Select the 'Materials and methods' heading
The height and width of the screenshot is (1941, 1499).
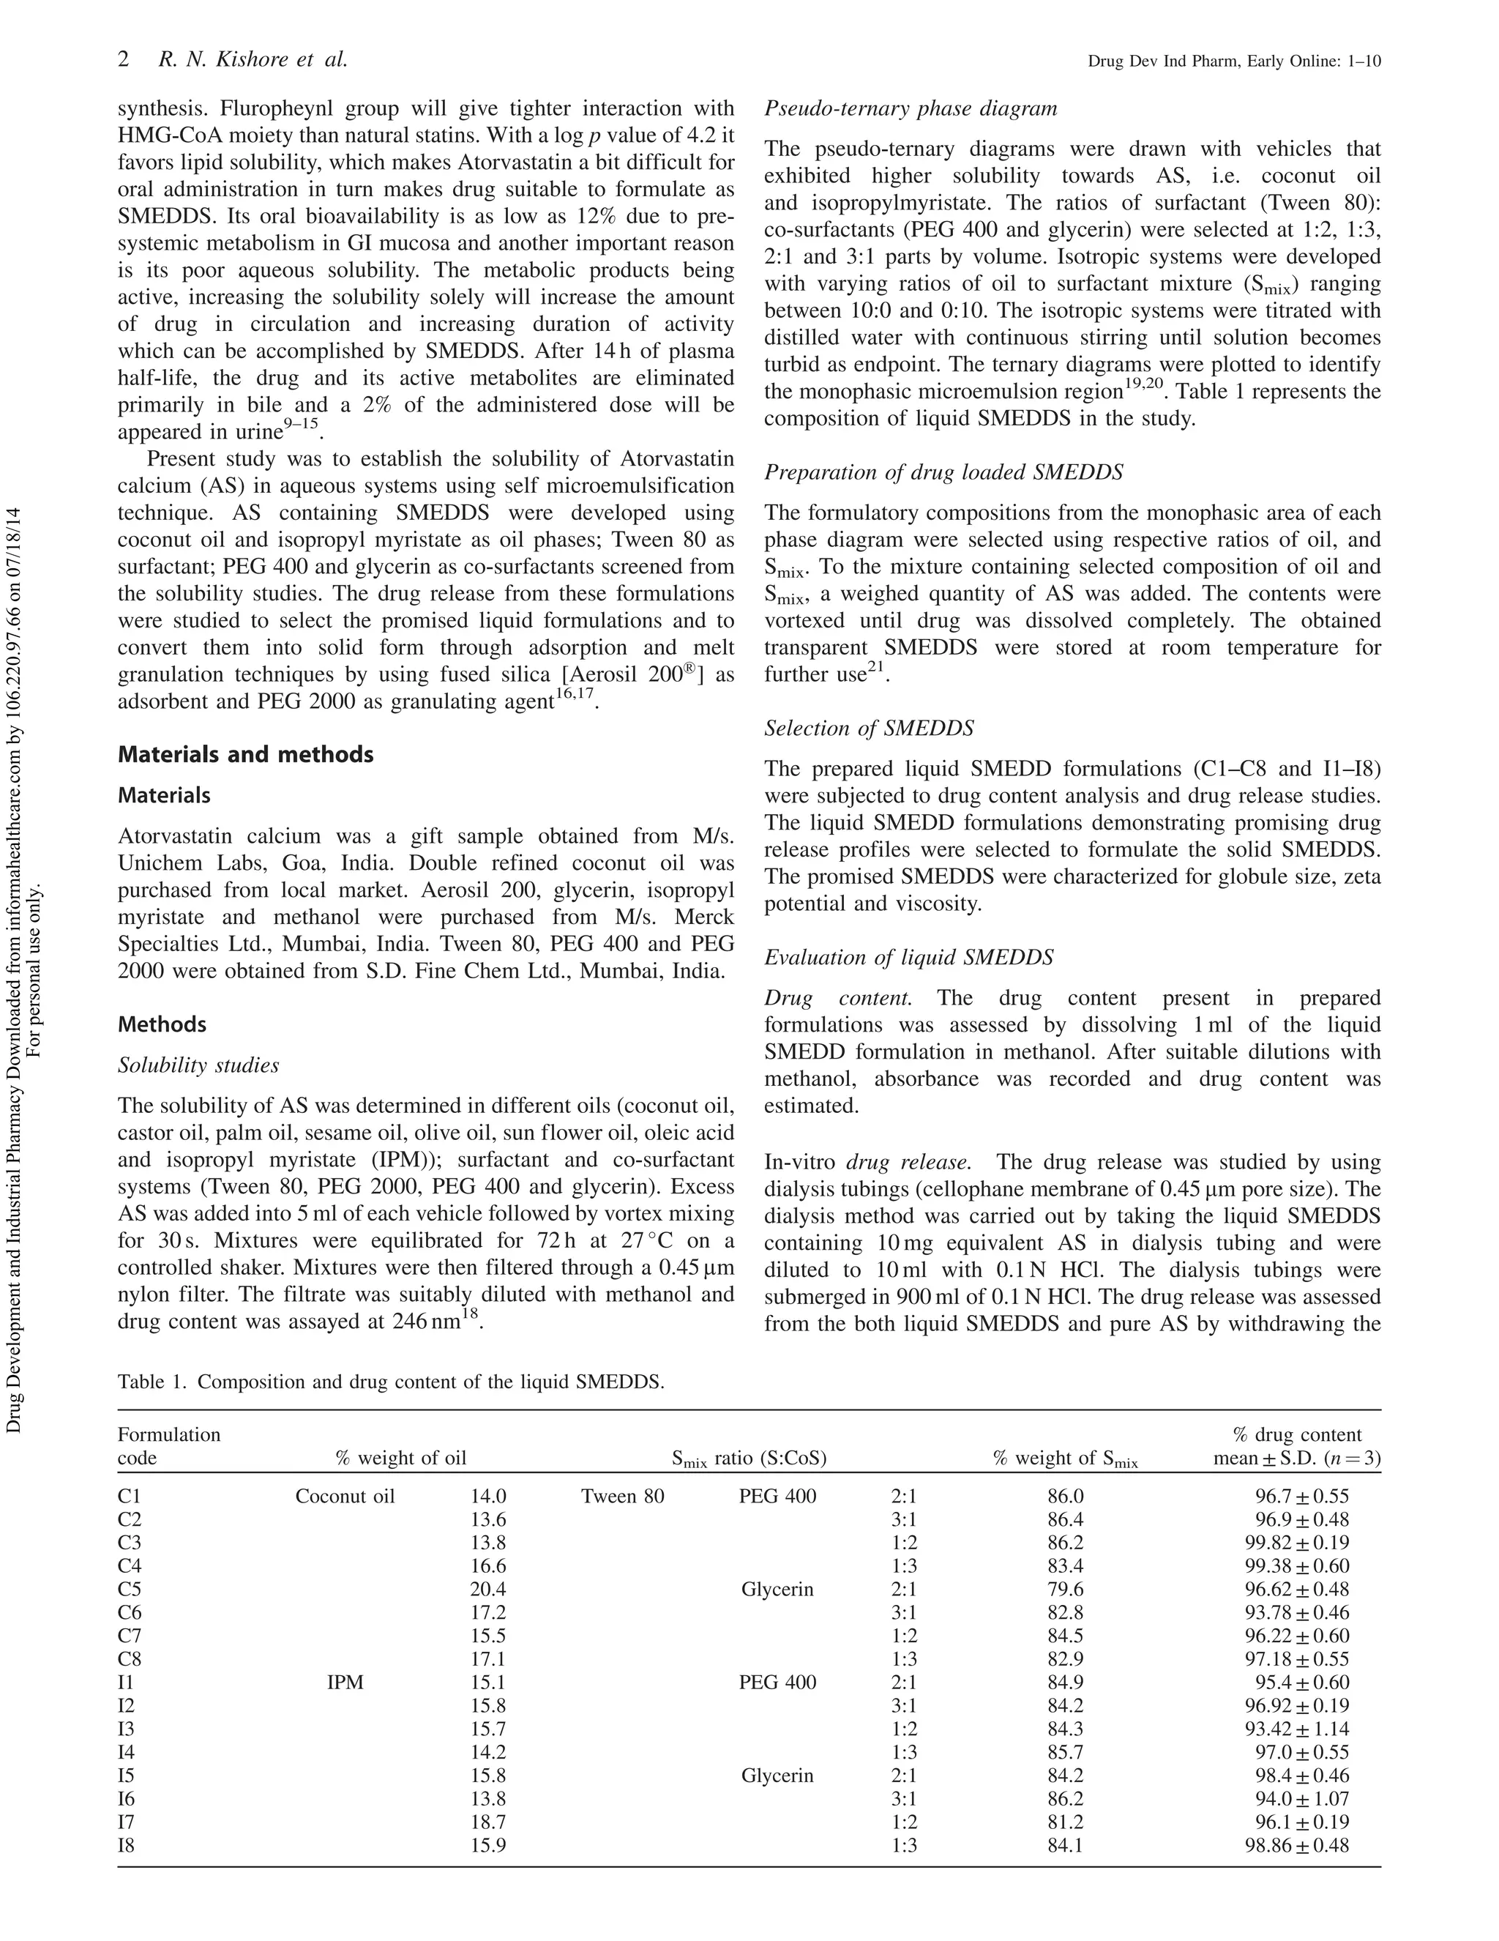(245, 755)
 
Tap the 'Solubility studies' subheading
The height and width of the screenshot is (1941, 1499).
(198, 1065)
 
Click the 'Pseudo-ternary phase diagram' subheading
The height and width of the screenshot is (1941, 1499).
(910, 108)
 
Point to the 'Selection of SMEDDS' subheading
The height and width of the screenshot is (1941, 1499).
(868, 729)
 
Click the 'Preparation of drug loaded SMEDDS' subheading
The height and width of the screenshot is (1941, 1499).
(943, 472)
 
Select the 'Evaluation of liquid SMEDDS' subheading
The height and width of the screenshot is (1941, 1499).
(908, 957)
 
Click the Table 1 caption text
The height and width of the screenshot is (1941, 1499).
(391, 1382)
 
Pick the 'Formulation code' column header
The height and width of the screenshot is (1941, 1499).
(169, 1446)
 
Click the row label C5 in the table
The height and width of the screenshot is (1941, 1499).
(129, 1589)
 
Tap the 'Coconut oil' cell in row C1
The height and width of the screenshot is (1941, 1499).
(345, 1496)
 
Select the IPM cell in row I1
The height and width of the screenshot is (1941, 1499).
(345, 1683)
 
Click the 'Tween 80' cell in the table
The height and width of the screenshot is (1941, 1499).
(622, 1496)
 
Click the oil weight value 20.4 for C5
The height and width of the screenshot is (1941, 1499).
(487, 1589)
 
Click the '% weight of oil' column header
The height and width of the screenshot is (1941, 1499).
(400, 1458)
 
